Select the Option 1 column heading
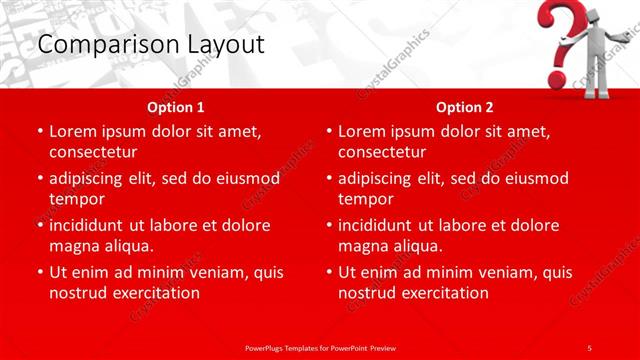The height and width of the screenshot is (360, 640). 176,107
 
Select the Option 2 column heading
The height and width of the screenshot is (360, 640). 465,107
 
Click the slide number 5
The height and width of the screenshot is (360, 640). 590,347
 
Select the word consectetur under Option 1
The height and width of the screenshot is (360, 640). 93,152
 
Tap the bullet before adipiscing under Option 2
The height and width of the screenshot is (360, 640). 330,179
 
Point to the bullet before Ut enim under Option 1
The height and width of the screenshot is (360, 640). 41,272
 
